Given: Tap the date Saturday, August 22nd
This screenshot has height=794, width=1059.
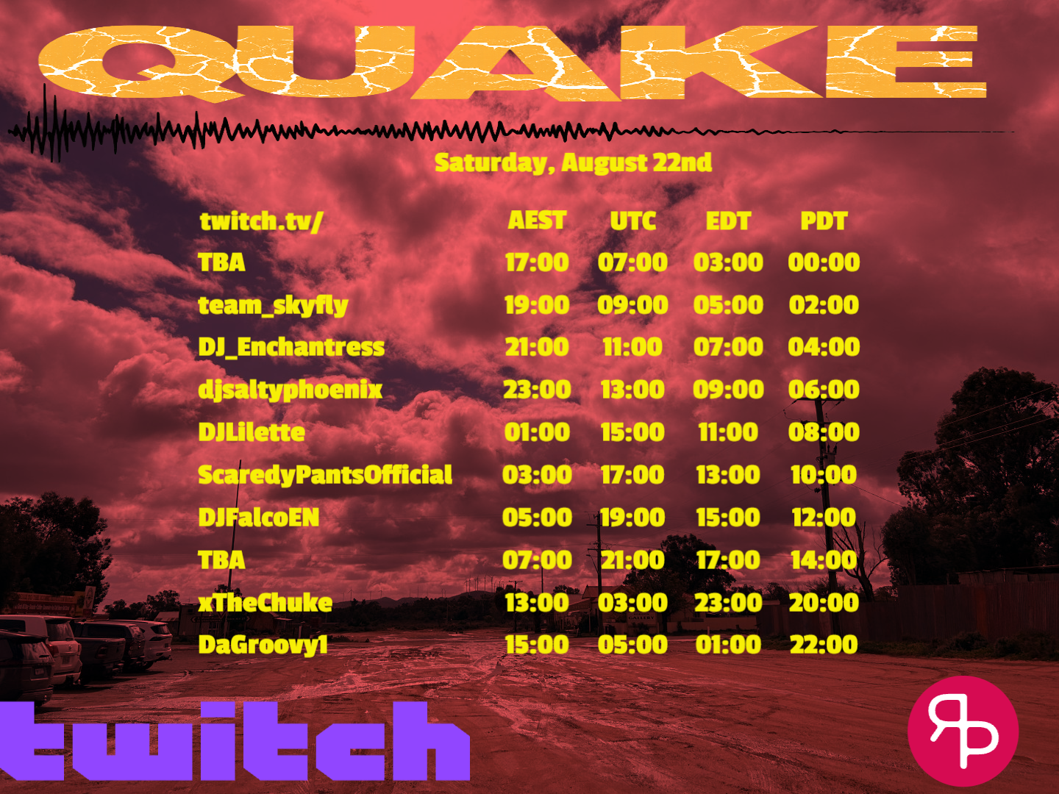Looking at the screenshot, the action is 573,163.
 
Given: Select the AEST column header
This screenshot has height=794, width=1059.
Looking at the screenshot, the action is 537,221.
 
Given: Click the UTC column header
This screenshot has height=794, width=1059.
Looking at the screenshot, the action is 633,221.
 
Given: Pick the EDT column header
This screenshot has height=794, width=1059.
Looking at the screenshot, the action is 728,221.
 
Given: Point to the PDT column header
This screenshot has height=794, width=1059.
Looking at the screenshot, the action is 824,221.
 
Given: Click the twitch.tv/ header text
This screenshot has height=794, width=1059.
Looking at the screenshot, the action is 261,222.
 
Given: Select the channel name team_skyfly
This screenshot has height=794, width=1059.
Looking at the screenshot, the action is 273,306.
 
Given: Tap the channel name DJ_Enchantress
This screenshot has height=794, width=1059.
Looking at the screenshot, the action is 291,347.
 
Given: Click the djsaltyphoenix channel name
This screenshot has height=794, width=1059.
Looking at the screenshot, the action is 290,390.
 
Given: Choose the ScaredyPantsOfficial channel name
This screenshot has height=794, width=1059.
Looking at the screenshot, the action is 325,475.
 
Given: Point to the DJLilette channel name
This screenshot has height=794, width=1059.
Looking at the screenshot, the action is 252,432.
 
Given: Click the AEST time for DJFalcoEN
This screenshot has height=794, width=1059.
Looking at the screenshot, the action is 537,518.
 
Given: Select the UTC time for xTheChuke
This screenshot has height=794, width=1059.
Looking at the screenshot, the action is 632,603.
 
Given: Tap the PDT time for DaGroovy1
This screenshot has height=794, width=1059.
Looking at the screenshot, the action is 824,645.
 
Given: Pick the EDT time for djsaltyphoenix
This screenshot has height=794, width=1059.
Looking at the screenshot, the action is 728,390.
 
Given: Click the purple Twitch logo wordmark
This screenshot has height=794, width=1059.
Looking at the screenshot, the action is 235,741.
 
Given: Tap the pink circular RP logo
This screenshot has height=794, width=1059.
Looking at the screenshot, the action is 963,731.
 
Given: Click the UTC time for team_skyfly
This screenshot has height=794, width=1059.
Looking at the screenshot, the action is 632,304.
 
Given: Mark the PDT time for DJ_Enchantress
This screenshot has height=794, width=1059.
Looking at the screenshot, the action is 824,347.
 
